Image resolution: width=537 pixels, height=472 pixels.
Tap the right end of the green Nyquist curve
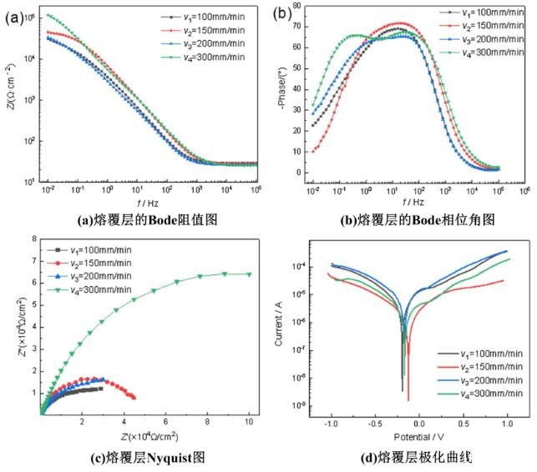tap(249, 274)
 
